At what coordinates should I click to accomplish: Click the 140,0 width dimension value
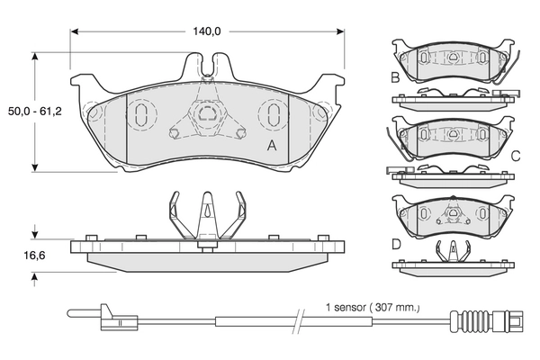pos(206,31)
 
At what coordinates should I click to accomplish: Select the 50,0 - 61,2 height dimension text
pos(35,112)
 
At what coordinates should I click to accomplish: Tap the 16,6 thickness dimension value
pos(34,256)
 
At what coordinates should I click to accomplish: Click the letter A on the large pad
pos(272,146)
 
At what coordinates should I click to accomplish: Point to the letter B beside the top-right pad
pos(395,77)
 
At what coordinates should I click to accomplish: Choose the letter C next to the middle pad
pos(516,157)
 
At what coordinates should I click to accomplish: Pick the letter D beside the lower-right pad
pos(396,244)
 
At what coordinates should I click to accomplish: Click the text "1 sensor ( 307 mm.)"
pos(373,307)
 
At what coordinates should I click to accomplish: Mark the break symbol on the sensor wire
pos(298,321)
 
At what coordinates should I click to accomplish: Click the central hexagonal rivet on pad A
pos(207,113)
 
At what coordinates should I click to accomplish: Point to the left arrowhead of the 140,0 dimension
pos(75,31)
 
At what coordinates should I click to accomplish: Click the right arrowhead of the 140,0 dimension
pos(340,31)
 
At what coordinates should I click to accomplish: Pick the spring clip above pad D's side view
pos(454,251)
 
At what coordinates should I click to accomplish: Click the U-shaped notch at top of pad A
pos(207,66)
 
